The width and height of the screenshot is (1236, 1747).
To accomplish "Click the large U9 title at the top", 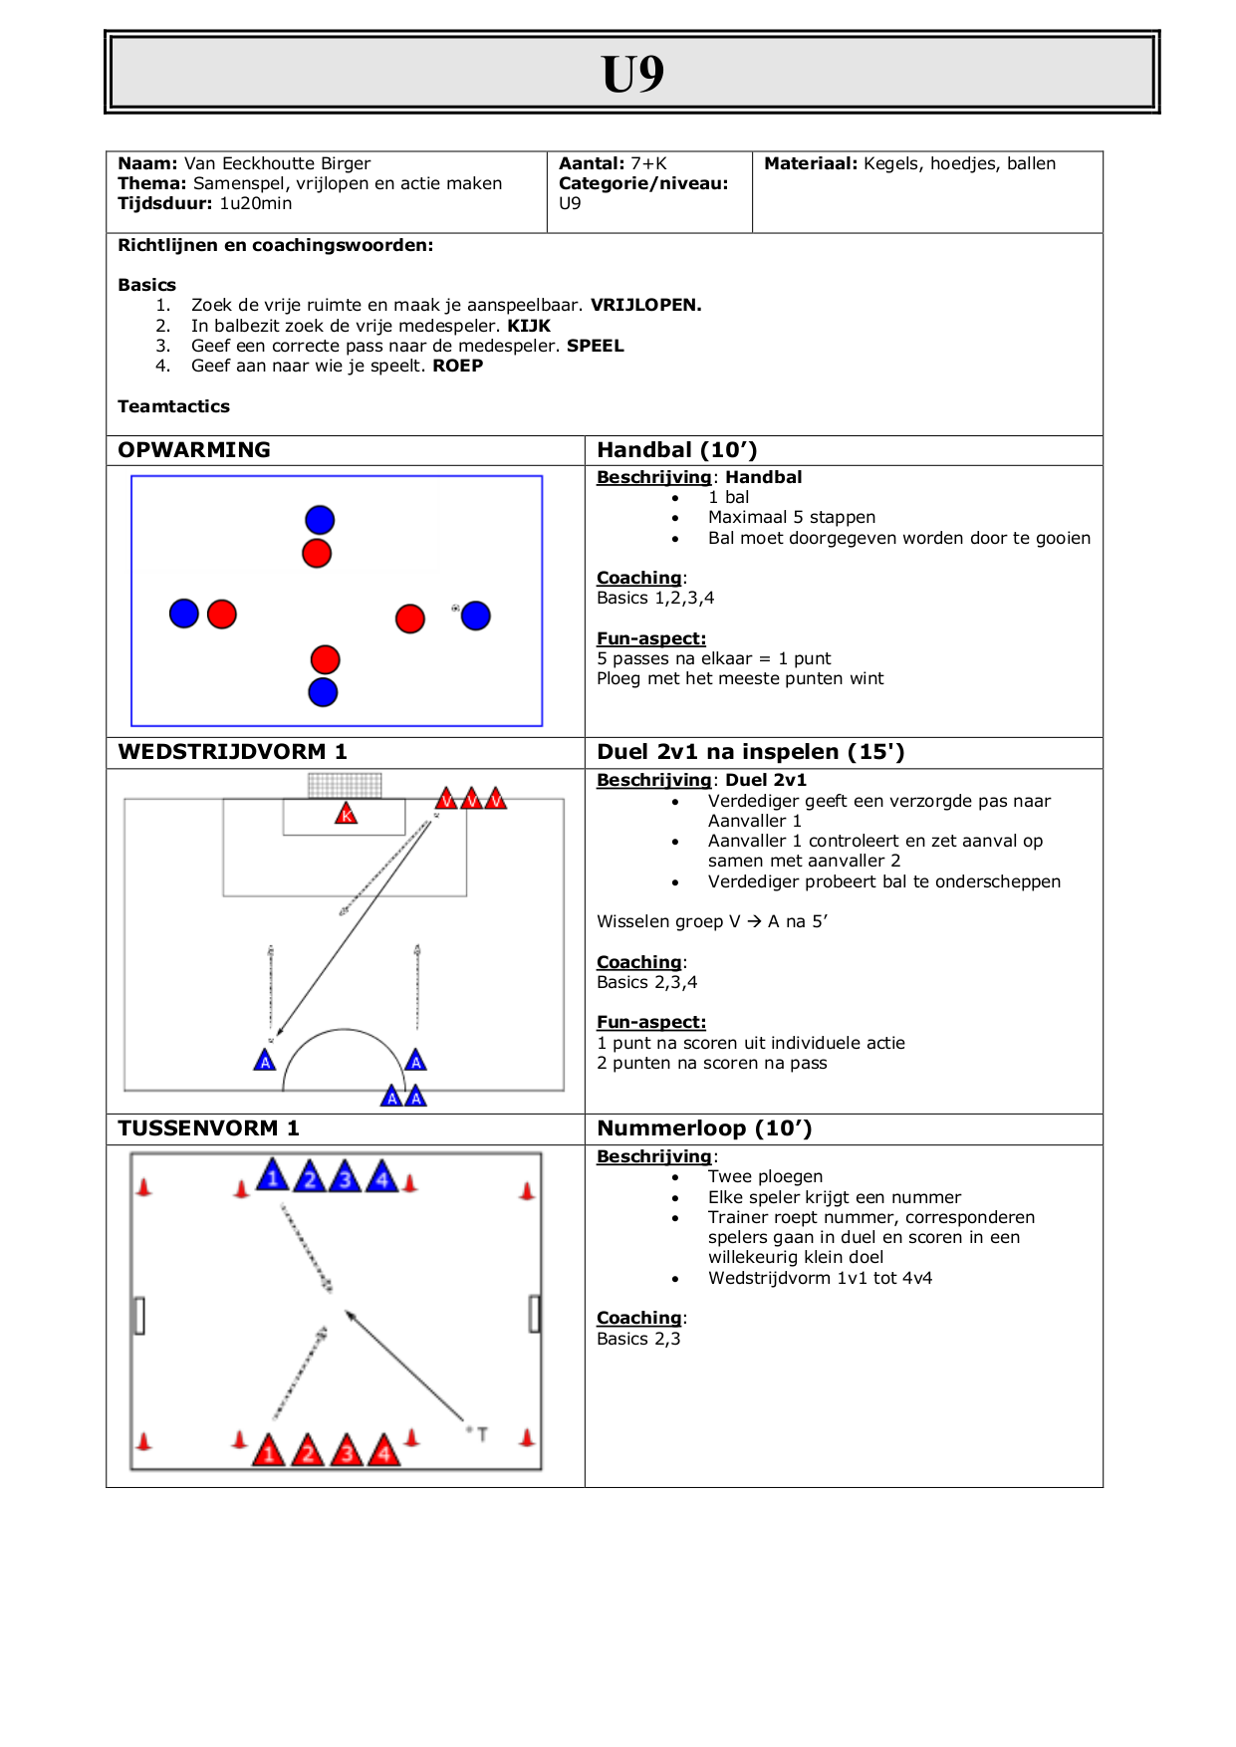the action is (632, 74).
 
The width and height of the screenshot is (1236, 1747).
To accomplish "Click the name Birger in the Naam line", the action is (346, 163).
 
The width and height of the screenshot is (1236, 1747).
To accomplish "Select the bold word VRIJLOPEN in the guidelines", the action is (645, 305).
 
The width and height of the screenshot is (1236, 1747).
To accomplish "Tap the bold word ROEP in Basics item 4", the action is (458, 366).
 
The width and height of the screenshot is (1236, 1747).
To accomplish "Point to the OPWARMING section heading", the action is (194, 450).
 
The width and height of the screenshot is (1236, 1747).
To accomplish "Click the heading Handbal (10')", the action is (677, 450).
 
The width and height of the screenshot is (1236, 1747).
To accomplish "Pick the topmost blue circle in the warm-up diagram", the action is (320, 520).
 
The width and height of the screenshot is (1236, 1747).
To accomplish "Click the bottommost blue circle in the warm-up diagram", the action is (323, 692).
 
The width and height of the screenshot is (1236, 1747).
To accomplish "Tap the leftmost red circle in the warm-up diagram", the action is (222, 615).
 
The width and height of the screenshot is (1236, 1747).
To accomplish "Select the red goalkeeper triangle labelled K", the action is (347, 814).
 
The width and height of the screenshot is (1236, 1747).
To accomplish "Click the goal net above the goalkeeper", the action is (345, 785).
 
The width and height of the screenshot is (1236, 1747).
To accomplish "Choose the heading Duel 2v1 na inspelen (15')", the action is (751, 752).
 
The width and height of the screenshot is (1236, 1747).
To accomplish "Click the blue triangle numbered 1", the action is (272, 1175).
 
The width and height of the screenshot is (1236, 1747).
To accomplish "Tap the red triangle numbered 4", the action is (384, 1451).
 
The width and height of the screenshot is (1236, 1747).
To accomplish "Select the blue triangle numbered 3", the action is (346, 1176).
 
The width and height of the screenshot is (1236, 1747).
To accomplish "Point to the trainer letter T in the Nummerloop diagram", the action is (483, 1434).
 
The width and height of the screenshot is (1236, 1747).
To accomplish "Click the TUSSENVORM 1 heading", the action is (208, 1128).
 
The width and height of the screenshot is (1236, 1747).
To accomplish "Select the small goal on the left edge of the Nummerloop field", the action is (139, 1315).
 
